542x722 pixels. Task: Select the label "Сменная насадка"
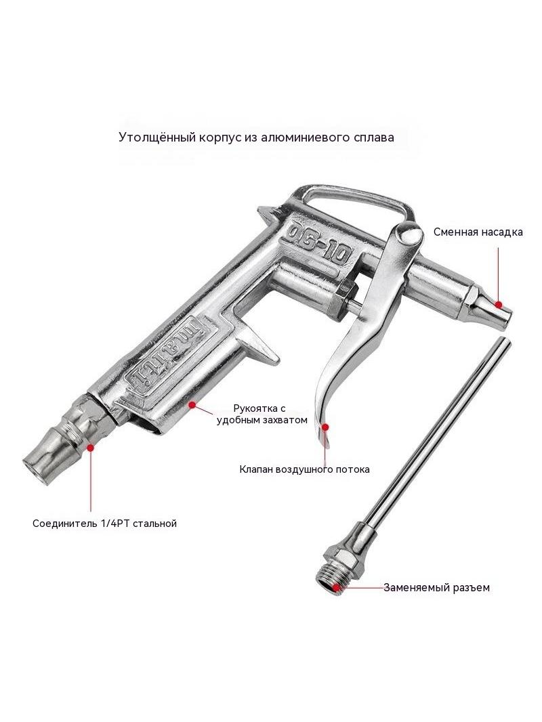tap(478, 232)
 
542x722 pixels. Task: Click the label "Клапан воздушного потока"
tap(304, 469)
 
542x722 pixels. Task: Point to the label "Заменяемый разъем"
tap(436, 587)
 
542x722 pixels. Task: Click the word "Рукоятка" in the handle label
tap(253, 408)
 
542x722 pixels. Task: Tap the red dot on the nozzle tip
tap(498, 304)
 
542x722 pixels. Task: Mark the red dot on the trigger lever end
tap(325, 427)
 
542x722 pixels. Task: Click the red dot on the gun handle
tap(192, 404)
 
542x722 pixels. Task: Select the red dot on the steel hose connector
tap(90, 446)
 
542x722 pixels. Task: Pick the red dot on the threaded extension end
tap(337, 587)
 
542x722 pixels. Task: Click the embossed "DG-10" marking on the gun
tap(320, 244)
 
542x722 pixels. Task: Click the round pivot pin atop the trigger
tap(411, 234)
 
